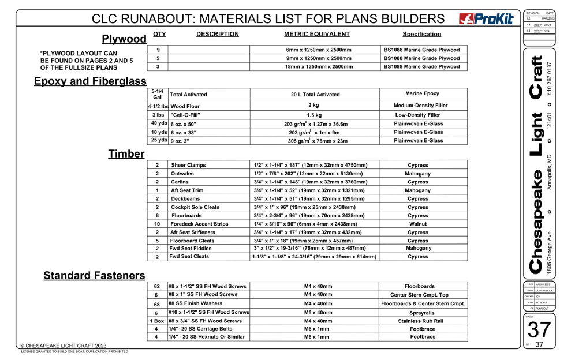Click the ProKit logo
point(486,19)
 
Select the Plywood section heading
point(124,39)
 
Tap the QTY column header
point(159,34)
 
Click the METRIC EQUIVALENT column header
point(321,35)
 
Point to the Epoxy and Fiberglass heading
point(90,81)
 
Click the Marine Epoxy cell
point(423,93)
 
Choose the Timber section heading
point(126,154)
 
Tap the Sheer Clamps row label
point(188,165)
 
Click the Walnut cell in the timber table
point(418,224)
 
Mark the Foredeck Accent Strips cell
point(199,224)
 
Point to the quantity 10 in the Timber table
point(157,224)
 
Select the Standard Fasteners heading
point(94,276)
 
